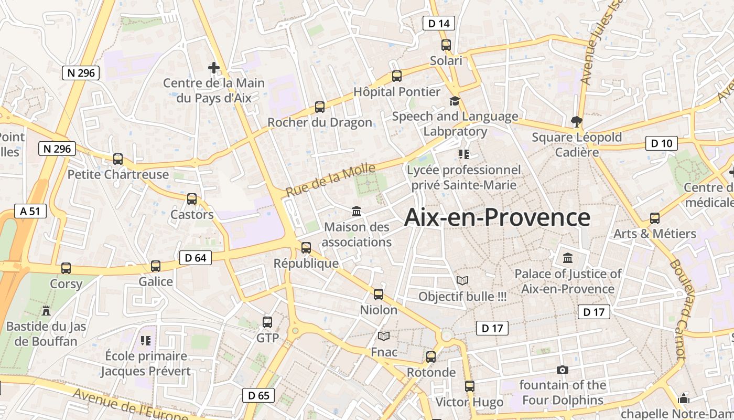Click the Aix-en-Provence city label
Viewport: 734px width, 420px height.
(497, 217)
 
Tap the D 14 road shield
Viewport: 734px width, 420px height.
(438, 23)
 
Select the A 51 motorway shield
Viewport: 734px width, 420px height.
(30, 211)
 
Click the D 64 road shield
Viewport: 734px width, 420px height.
(196, 257)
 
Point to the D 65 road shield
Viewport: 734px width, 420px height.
(258, 395)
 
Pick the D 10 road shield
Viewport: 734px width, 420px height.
(661, 143)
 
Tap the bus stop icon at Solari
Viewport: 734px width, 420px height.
(446, 45)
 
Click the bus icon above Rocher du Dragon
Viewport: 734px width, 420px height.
(320, 107)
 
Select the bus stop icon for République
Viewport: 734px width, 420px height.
(306, 247)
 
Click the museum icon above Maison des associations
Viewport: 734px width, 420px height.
(357, 211)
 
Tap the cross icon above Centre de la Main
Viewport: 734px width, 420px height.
(213, 68)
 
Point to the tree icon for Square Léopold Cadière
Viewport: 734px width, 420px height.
(577, 122)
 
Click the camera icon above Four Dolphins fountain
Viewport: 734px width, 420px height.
(562, 370)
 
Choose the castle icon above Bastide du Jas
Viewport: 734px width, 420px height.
(46, 311)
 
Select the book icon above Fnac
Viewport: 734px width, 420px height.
(384, 336)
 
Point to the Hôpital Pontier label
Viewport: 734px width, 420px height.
(397, 92)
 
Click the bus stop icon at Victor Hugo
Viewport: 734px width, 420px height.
(470, 386)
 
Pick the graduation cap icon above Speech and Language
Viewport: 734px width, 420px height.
(455, 101)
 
